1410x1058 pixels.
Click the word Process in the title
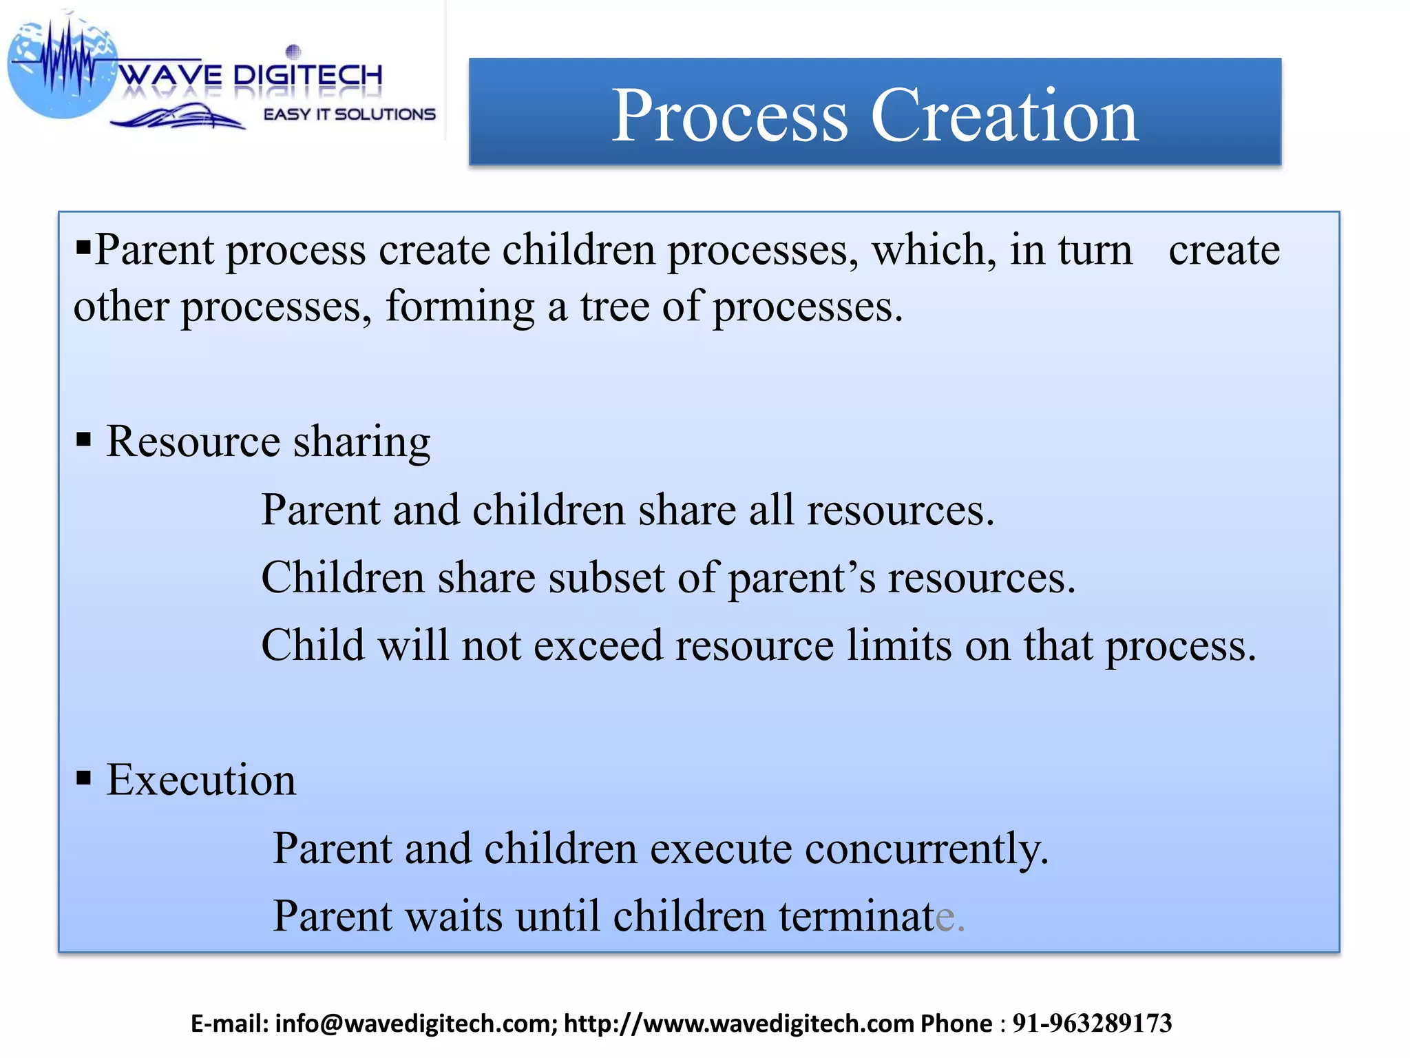(729, 116)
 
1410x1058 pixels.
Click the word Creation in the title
(1004, 116)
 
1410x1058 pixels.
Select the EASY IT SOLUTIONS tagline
(350, 114)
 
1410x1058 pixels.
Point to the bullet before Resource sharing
(84, 439)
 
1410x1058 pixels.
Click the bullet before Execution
(84, 778)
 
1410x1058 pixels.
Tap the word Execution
(201, 780)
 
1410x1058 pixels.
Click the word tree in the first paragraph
(614, 307)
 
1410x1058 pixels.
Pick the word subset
(606, 577)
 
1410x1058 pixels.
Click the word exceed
(598, 645)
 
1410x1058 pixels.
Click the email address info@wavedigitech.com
(416, 1024)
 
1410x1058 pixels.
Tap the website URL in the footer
(739, 1024)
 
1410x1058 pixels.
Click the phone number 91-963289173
(1092, 1024)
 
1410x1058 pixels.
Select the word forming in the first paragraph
(460, 307)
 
